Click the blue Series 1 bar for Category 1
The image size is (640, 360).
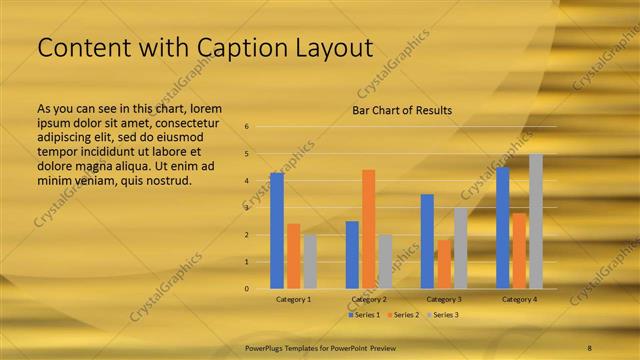coord(277,231)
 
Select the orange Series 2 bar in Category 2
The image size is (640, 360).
coord(369,229)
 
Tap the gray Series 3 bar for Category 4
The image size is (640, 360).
coord(536,221)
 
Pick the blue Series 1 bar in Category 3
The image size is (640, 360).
coord(427,241)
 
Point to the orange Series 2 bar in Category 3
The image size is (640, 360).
coord(444,264)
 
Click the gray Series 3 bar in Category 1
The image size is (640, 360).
coord(310,261)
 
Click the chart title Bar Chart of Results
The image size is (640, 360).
coord(402,110)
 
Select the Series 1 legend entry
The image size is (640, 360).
coord(364,315)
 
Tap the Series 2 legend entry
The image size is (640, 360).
coord(403,315)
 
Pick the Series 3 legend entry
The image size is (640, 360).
coord(442,315)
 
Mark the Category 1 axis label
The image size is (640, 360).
coord(294,299)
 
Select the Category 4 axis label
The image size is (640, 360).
coord(519,299)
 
